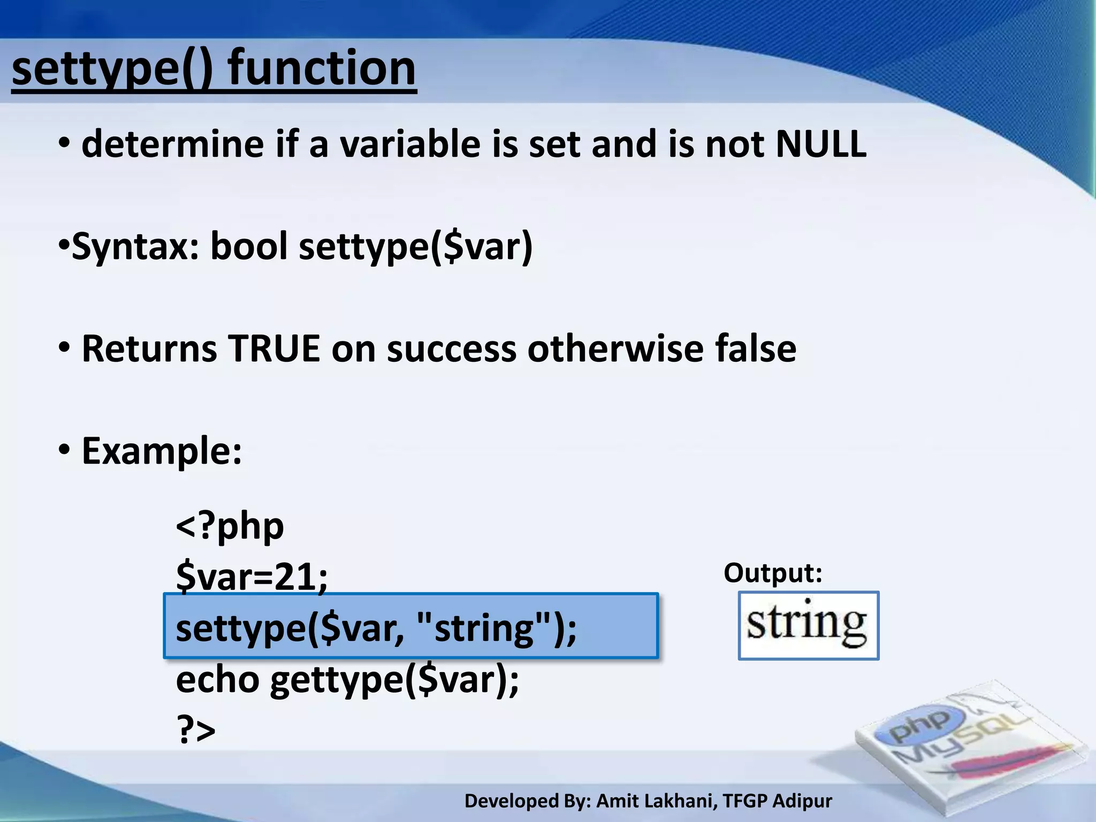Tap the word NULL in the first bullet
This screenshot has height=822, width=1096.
coord(820,144)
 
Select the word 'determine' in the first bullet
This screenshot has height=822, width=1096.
coord(172,144)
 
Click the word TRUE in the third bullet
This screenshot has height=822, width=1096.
coord(273,349)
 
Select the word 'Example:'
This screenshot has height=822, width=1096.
coord(162,451)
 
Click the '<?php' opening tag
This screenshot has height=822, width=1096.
coord(230,527)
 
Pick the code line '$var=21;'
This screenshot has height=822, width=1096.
coord(252,577)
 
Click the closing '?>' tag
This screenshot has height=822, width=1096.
coord(196,729)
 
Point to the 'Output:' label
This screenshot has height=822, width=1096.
coord(772,573)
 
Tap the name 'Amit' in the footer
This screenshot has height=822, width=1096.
coord(615,801)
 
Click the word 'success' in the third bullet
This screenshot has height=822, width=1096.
coord(452,349)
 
